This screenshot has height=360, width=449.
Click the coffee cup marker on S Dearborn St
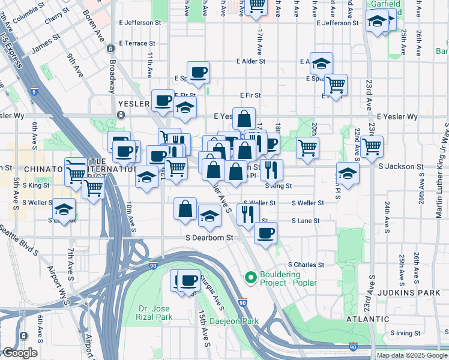point(265,233)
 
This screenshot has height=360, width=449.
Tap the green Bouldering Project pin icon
point(250,278)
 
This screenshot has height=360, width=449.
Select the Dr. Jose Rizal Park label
point(155,311)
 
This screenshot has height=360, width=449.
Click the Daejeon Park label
point(234,322)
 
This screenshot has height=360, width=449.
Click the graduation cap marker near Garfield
point(377,22)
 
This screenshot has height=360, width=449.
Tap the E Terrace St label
point(137,44)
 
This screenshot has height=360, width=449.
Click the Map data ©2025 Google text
point(412,355)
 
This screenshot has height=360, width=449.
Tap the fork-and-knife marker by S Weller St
point(247,214)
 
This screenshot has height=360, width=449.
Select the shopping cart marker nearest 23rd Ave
point(372,146)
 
